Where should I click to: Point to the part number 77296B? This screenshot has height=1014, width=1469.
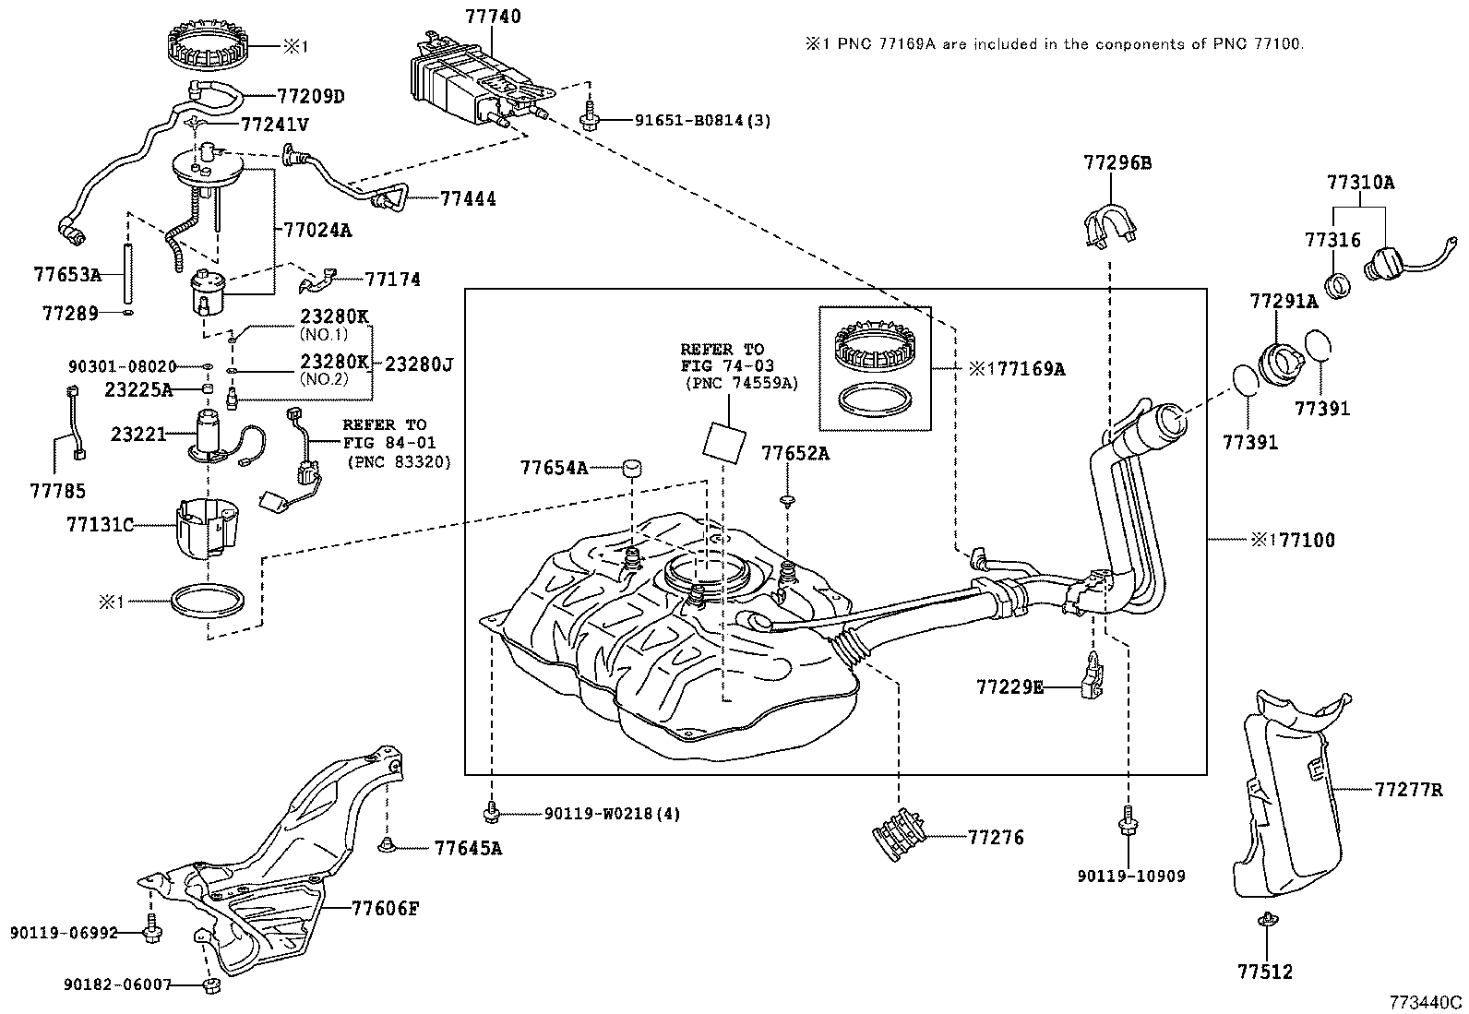click(1117, 163)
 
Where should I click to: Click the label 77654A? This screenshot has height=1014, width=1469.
click(553, 468)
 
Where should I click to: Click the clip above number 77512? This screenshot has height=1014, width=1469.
click(1265, 919)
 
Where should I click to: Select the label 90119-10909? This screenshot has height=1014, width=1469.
click(1130, 876)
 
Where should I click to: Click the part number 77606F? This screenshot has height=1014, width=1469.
click(385, 908)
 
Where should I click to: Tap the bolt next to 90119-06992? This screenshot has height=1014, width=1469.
click(152, 932)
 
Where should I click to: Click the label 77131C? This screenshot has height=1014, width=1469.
click(100, 525)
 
